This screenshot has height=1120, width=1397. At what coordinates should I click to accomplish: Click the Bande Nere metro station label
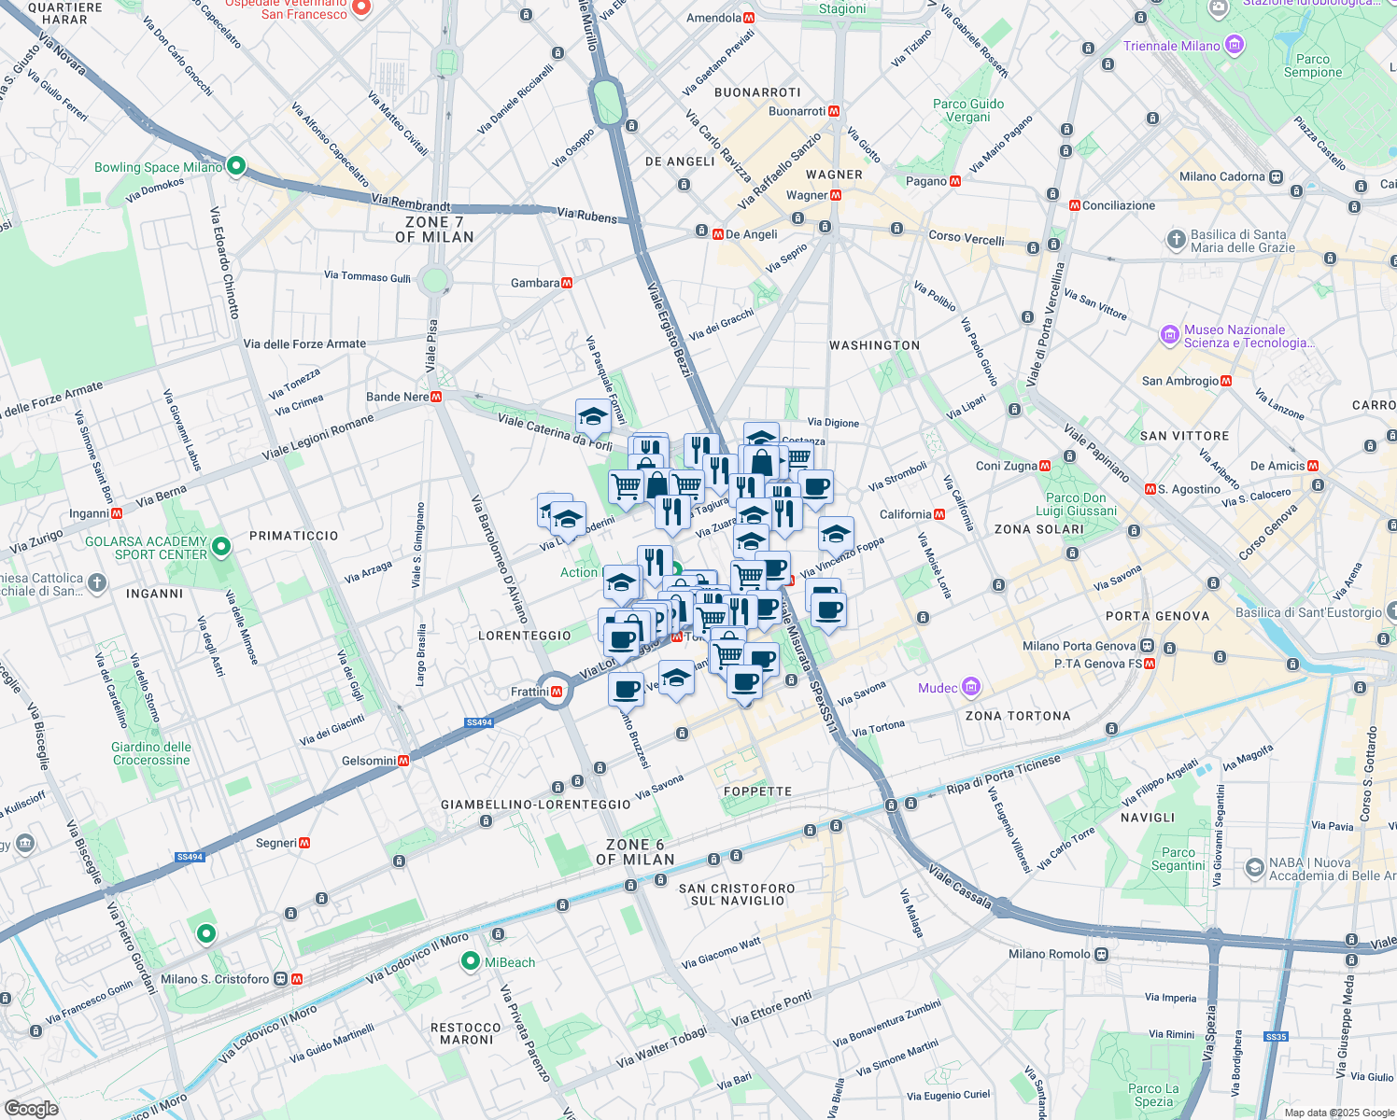tap(397, 397)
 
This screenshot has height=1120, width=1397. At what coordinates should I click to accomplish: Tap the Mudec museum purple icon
tap(971, 688)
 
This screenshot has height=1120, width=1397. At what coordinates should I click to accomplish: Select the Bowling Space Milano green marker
tap(236, 167)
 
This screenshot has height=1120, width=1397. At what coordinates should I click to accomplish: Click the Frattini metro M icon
tap(557, 692)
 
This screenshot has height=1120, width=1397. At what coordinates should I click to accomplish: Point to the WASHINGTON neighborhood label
tap(874, 345)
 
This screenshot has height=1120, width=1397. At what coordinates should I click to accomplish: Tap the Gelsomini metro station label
tap(369, 761)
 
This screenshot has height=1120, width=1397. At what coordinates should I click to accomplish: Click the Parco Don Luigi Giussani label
tap(1076, 504)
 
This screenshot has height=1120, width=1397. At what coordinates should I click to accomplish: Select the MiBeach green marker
tap(471, 962)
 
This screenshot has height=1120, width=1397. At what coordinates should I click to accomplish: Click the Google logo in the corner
tap(31, 1108)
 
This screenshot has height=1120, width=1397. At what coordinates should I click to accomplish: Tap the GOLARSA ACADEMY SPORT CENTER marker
tap(221, 547)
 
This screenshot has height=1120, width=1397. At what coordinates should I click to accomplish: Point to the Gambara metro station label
tap(535, 283)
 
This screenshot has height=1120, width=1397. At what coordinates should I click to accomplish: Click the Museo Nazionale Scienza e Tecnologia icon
tap(1169, 334)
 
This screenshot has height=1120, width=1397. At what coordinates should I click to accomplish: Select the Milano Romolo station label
tap(1049, 954)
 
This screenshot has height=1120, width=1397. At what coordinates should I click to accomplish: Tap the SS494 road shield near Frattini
tap(478, 722)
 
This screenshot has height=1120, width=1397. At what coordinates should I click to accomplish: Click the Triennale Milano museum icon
tap(1235, 45)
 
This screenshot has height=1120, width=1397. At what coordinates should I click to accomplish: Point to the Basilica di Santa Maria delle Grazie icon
tap(1177, 240)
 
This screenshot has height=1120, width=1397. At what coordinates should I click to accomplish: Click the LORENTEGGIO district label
tap(524, 636)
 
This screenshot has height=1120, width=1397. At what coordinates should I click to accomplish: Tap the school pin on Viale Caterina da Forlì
tap(593, 416)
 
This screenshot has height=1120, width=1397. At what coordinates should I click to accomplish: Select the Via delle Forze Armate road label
tap(304, 343)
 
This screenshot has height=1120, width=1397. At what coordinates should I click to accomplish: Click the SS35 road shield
tap(1276, 1037)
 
